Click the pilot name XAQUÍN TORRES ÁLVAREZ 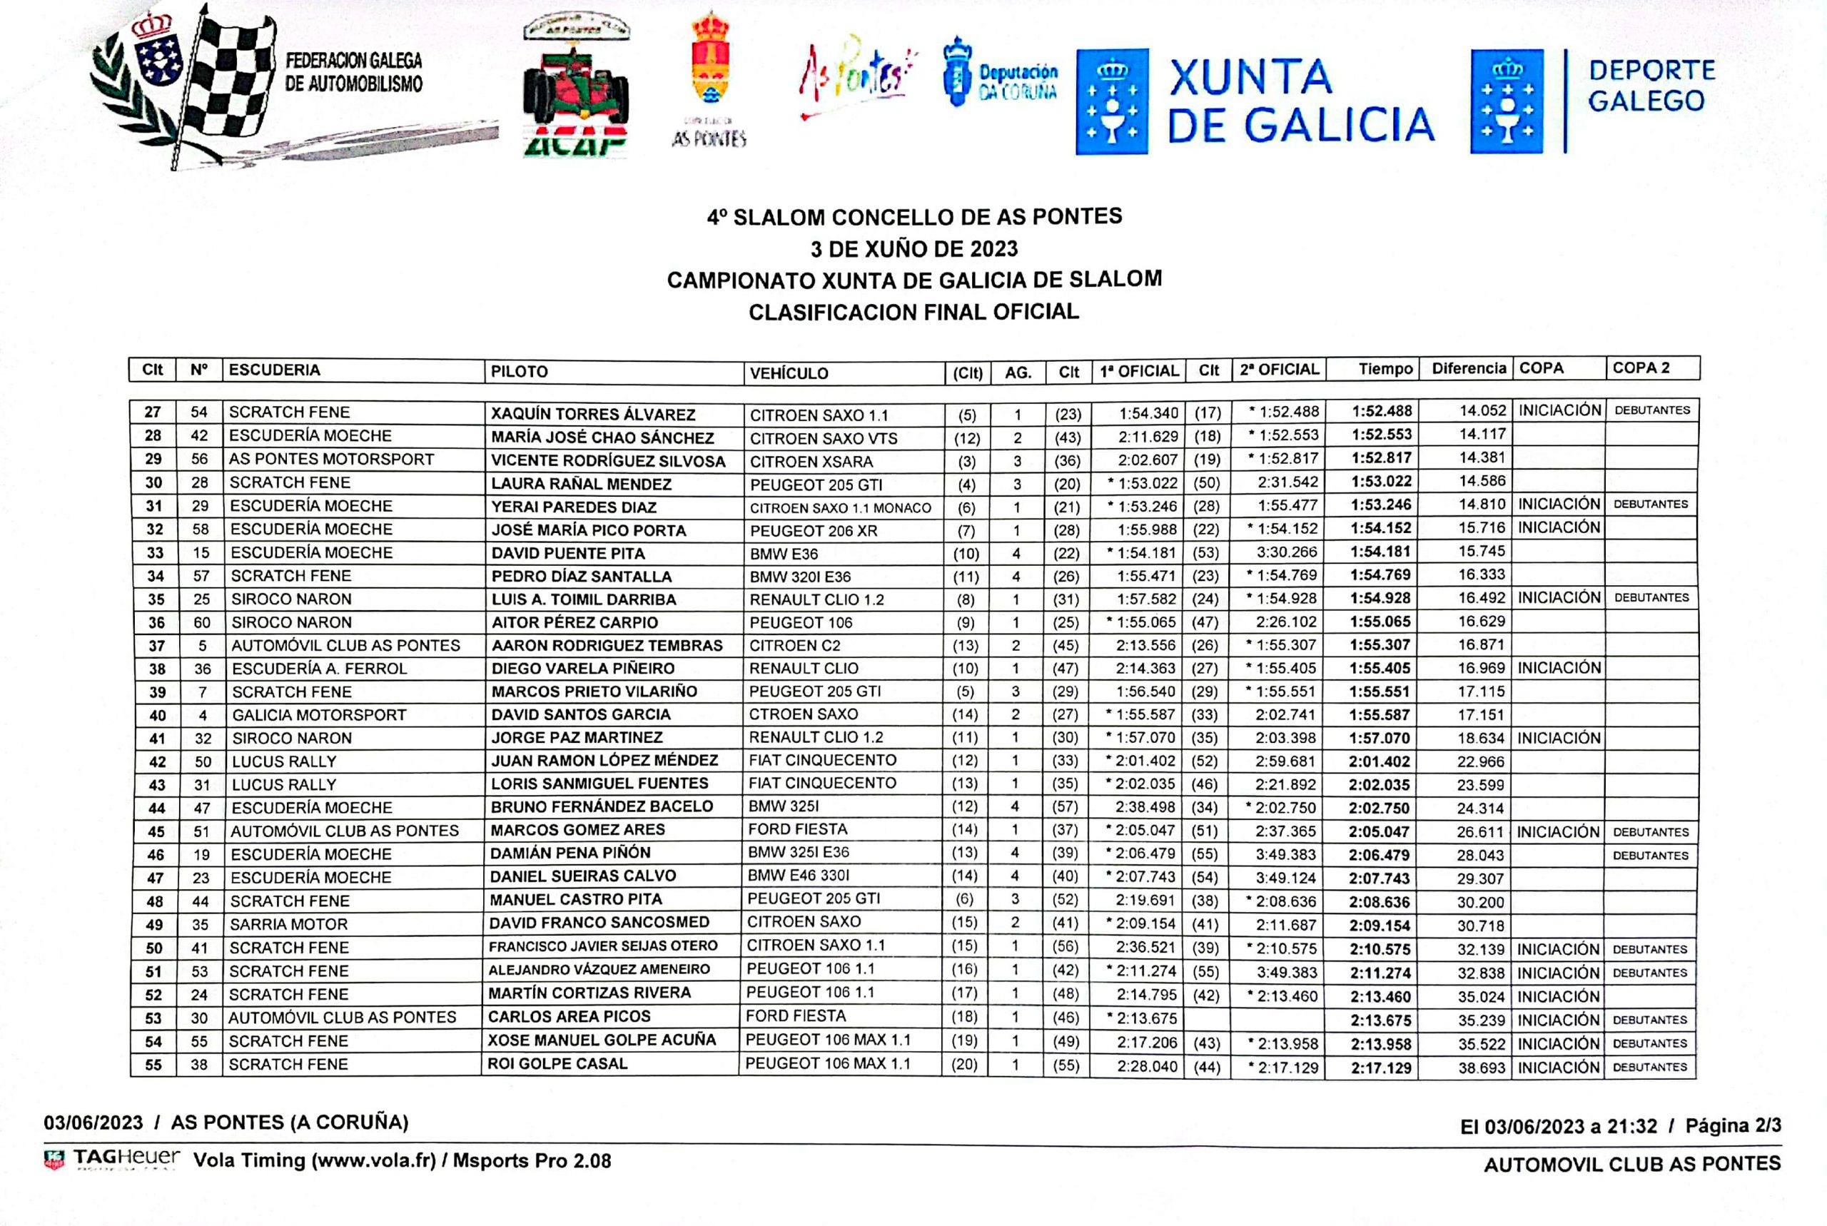coord(592,414)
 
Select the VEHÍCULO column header coord(789,373)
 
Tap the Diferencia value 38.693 coord(1481,1068)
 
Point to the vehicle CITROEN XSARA coord(811,461)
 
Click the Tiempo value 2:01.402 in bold coord(1379,761)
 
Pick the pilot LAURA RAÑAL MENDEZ coord(581,484)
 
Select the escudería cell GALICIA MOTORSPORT coord(319,714)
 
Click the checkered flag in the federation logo coord(231,78)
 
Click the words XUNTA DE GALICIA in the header coord(1301,101)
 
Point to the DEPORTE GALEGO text coord(1651,86)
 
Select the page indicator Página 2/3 coord(1732,1126)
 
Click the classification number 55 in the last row coord(154,1065)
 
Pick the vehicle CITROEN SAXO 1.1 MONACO coord(841,508)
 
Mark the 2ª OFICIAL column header coord(1278,370)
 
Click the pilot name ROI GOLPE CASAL coord(557,1063)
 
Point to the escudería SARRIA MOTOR coord(288,924)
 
